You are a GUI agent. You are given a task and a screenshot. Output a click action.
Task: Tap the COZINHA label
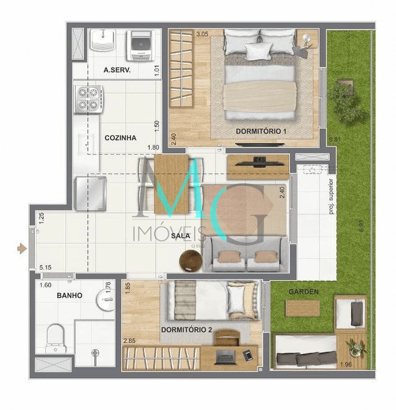[120, 138]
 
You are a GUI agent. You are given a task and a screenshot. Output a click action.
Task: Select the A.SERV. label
[118, 70]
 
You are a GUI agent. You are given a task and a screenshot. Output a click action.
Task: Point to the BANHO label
[70, 295]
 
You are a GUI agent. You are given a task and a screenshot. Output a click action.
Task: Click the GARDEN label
[304, 292]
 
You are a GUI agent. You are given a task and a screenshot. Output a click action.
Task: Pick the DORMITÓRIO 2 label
[187, 330]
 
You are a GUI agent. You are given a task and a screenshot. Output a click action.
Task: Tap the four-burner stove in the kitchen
[88, 98]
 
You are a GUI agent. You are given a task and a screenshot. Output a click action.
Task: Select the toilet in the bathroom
[55, 338]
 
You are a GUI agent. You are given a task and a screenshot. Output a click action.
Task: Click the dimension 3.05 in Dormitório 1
[202, 34]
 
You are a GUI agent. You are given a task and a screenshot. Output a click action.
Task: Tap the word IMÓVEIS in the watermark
[168, 233]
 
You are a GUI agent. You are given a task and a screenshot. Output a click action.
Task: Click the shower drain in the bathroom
[95, 353]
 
